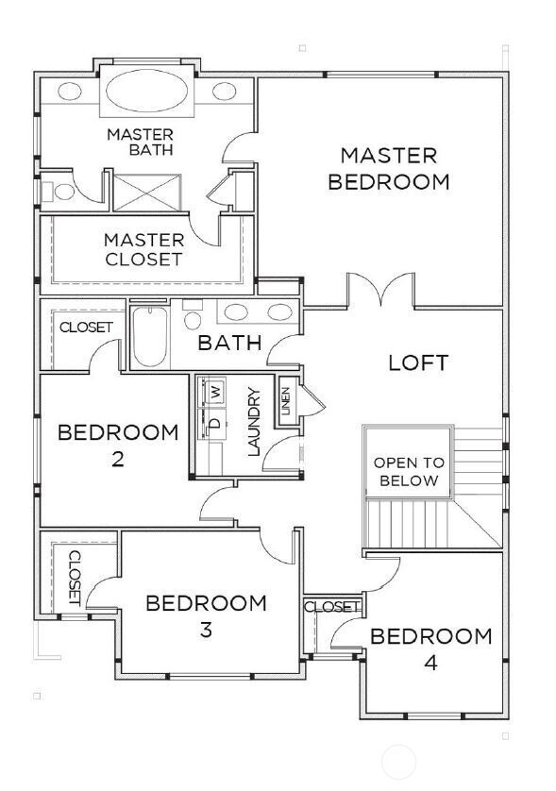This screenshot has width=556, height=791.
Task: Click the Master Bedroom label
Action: click(389, 169)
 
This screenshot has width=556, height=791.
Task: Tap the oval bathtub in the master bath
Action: click(147, 91)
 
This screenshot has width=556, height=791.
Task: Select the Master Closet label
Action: click(143, 249)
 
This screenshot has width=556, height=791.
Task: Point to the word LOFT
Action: click(418, 363)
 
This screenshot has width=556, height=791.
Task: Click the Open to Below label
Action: click(409, 472)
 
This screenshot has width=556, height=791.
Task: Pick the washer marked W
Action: click(216, 391)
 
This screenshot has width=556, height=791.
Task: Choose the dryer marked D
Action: click(215, 422)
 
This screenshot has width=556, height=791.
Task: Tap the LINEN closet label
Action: click(286, 401)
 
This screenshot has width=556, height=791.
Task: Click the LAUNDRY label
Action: click(254, 422)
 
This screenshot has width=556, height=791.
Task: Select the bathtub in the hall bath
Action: click(150, 336)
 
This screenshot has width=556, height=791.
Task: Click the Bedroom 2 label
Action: click(118, 446)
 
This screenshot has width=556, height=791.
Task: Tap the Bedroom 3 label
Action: click(206, 615)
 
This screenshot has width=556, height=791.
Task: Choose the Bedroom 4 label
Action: click(430, 649)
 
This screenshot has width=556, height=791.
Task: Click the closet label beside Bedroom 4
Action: click(333, 606)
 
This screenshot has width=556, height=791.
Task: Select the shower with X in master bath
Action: click(147, 193)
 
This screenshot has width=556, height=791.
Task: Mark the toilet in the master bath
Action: click(59, 192)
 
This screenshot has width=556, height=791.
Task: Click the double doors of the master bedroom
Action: click(381, 290)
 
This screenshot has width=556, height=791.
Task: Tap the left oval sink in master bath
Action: click(70, 92)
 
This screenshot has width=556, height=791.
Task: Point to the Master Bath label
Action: click(141, 142)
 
